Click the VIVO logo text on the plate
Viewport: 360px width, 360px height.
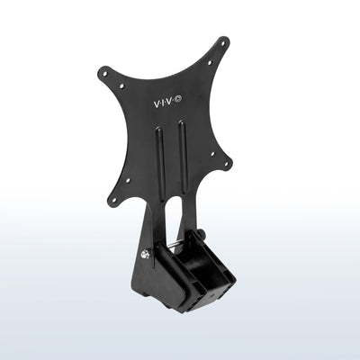tap(166, 103)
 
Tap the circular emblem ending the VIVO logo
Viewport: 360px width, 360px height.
tap(178, 103)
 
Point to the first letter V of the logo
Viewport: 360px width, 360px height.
tap(157, 104)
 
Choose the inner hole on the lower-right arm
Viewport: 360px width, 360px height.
tap(212, 154)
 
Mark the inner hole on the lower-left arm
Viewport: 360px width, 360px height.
tap(127, 181)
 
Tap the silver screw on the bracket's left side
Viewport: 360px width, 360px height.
tap(144, 256)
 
